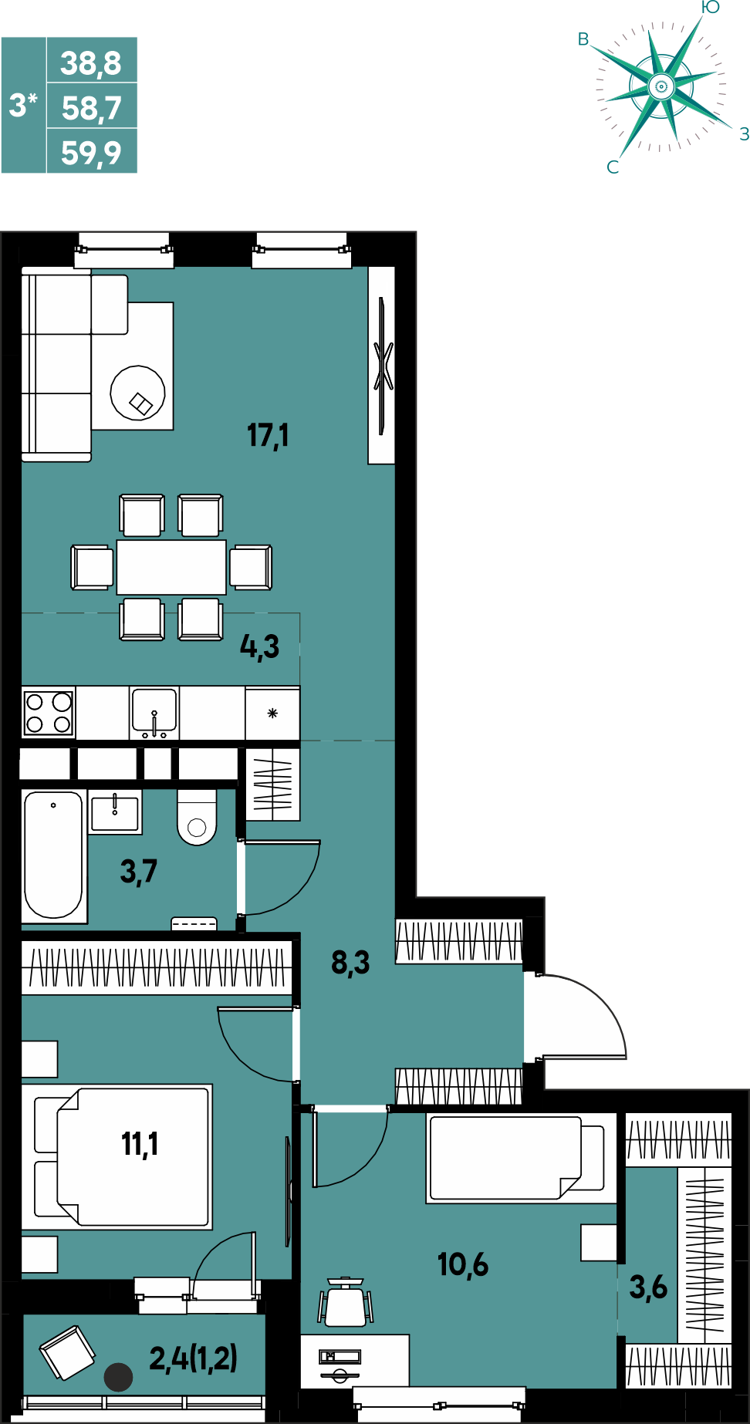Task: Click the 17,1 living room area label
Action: pos(268,435)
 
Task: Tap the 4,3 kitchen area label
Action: pos(259,646)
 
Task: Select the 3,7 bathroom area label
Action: pos(139,872)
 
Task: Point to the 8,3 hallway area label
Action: pos(350,963)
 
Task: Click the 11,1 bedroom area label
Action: pos(140,1143)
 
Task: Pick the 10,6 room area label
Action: pos(463,1264)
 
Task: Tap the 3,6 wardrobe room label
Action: pos(648,1287)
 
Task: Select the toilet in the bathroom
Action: pos(197,817)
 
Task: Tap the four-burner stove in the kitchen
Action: pos(49,713)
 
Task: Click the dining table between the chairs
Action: pos(171,567)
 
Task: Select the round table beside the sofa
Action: pos(138,393)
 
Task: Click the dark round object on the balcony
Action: pos(119,1377)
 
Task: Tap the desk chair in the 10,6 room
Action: pos(346,1302)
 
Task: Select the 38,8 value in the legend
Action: pos(91,62)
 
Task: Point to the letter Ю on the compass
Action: pos(711,8)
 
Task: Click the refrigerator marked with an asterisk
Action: pos(272,714)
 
